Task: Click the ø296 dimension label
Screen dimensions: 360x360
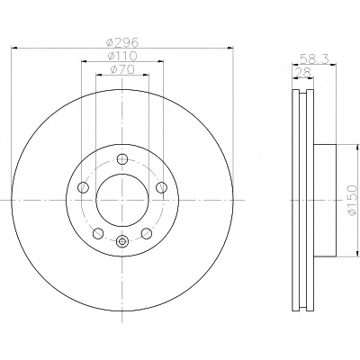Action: pyautogui.click(x=122, y=42)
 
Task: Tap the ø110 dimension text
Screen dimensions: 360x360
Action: pyautogui.click(x=122, y=56)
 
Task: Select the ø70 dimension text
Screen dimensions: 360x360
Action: pyautogui.click(x=122, y=70)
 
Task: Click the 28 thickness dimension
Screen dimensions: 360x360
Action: pyautogui.click(x=302, y=72)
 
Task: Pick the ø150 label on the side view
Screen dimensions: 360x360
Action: pyautogui.click(x=353, y=200)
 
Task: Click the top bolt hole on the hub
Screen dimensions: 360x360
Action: pyautogui.click(x=122, y=158)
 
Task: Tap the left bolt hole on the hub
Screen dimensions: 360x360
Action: pyautogui.click(x=83, y=188)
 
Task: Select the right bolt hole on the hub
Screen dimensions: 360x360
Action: pyautogui.click(x=161, y=187)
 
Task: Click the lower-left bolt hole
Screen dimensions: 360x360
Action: pyautogui.click(x=98, y=233)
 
